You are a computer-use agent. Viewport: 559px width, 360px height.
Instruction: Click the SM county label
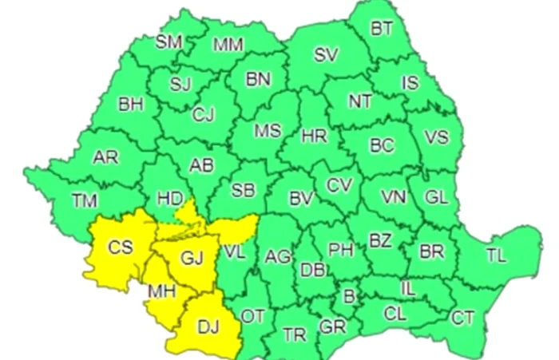point(169,42)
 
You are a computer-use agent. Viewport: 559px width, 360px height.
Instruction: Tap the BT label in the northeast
point(382,29)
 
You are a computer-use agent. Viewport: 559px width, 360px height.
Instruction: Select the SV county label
point(326,55)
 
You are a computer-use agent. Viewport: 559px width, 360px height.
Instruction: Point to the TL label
point(496,256)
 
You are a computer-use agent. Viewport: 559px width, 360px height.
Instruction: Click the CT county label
point(463,318)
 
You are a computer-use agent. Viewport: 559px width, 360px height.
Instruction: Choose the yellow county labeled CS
point(121,248)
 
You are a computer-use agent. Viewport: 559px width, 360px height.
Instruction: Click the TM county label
point(84,201)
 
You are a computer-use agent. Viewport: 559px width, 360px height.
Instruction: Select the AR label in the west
point(105,158)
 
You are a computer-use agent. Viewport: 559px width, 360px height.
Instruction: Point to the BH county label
point(130,104)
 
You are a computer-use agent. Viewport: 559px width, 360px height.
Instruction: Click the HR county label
point(314,136)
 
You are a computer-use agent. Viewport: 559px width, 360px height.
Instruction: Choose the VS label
point(436,136)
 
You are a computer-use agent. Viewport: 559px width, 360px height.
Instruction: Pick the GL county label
point(436,196)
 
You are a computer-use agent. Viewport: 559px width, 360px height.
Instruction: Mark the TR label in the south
point(294,334)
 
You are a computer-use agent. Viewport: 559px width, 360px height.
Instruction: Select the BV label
point(300,196)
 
